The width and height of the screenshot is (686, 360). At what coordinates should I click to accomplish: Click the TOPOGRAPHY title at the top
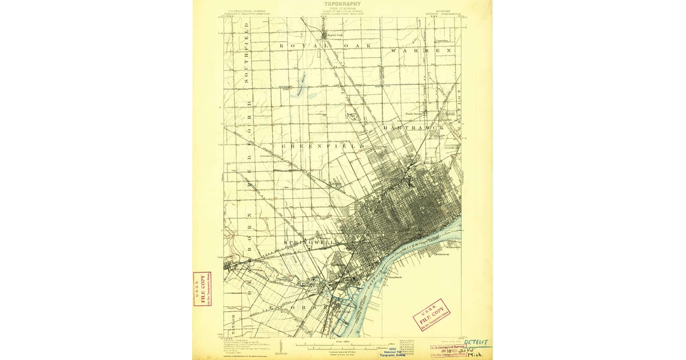pyautogui.click(x=342, y=4)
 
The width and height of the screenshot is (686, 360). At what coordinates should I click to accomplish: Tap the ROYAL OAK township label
pyautogui.click(x=325, y=45)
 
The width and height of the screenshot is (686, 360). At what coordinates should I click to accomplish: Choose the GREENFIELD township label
pyautogui.click(x=323, y=147)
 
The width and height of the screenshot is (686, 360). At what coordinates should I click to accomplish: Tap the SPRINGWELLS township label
pyautogui.click(x=311, y=243)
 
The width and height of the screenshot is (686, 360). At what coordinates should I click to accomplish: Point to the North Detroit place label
pyautogui.click(x=415, y=114)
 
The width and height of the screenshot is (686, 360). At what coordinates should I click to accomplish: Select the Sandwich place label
pyautogui.click(x=395, y=277)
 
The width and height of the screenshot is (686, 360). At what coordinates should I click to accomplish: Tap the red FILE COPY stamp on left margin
pyautogui.click(x=202, y=289)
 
